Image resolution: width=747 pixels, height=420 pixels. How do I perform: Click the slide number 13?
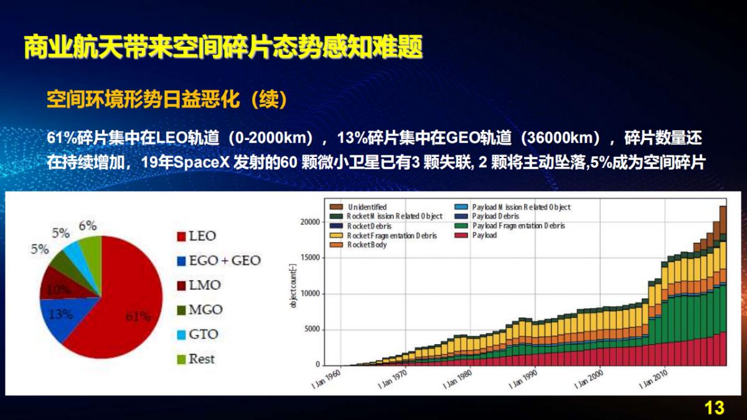[x=715, y=408]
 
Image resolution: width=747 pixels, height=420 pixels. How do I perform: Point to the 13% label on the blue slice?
[x=61, y=314]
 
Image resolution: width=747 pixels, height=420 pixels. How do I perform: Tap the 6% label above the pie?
[x=88, y=226]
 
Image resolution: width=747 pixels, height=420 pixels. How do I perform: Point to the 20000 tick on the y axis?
[x=311, y=222]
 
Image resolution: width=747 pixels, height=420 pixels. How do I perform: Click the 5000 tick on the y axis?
[x=313, y=330]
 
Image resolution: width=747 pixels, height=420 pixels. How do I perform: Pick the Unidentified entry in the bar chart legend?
[x=367, y=207]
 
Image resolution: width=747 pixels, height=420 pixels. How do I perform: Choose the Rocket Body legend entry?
[x=367, y=245]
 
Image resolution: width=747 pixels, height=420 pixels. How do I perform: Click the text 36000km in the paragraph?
[x=561, y=138]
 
